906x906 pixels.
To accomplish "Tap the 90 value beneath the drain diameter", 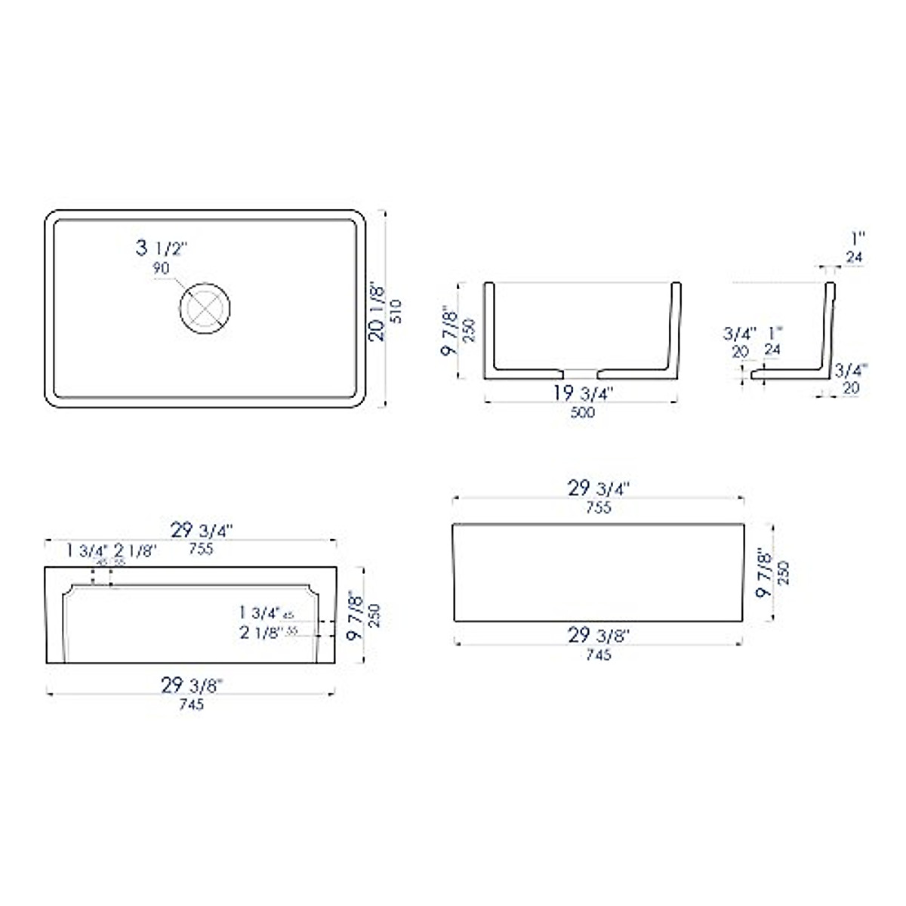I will (x=161, y=267).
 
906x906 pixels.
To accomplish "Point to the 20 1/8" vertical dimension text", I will (x=377, y=310).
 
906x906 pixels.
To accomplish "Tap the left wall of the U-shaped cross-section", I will (x=488, y=328).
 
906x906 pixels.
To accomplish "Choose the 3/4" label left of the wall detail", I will (x=738, y=333).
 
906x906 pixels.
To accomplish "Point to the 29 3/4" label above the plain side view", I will (x=598, y=488).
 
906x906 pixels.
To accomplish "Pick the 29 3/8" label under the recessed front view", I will (x=192, y=685).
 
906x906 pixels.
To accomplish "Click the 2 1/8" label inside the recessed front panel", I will (x=260, y=633).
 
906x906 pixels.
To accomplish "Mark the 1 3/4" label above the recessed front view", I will (x=87, y=550).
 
